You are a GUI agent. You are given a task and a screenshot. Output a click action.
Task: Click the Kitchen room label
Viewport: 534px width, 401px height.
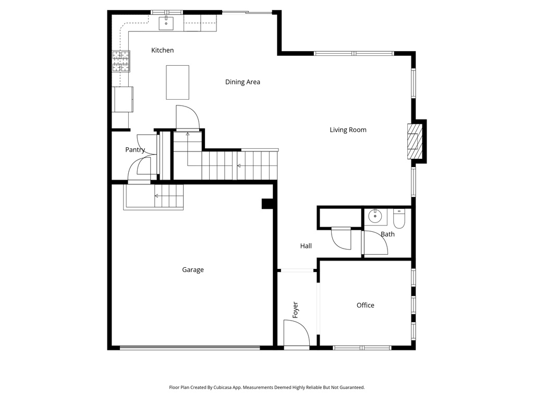163,51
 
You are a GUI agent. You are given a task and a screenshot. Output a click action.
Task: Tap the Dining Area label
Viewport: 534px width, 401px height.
242,82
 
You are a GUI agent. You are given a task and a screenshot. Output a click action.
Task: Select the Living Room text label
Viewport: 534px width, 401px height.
348,130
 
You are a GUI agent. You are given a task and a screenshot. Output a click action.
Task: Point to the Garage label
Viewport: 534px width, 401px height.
193,270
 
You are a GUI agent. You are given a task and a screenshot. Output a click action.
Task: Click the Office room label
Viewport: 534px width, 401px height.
366,305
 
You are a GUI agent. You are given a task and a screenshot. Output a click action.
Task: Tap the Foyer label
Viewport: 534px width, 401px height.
295,310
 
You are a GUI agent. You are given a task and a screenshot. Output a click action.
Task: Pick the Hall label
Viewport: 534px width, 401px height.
306,246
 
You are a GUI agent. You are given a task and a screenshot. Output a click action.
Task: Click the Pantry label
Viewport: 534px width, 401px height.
135,150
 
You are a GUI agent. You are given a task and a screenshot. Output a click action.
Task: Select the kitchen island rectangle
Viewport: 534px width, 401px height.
177,82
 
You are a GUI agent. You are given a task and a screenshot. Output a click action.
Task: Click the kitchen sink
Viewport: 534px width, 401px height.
166,23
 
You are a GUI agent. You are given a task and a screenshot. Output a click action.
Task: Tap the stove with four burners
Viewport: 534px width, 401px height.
121,62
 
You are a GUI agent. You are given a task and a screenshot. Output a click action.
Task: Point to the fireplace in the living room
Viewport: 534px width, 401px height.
415,141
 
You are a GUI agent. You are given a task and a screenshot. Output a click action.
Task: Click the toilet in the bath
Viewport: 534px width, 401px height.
399,219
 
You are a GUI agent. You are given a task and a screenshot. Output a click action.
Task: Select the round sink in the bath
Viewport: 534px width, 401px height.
375,216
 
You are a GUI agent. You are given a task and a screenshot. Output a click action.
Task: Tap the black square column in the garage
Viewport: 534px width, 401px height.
268,204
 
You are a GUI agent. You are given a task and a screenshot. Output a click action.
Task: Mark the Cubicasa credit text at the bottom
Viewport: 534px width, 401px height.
266,387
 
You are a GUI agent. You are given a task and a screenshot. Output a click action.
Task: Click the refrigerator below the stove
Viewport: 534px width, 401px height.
123,100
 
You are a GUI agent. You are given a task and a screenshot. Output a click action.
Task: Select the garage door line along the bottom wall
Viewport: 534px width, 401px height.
190,347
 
